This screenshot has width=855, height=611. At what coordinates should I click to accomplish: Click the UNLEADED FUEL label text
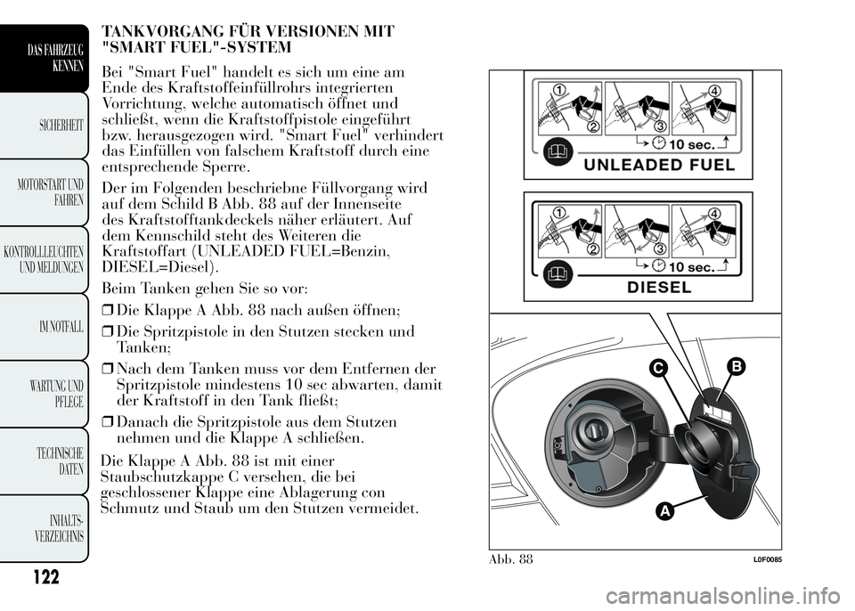[x=659, y=165]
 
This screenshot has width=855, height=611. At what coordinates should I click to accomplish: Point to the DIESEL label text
[x=658, y=287]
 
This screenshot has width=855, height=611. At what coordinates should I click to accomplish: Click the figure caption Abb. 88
[x=511, y=560]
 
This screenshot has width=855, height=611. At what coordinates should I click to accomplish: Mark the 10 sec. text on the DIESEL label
[x=689, y=266]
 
